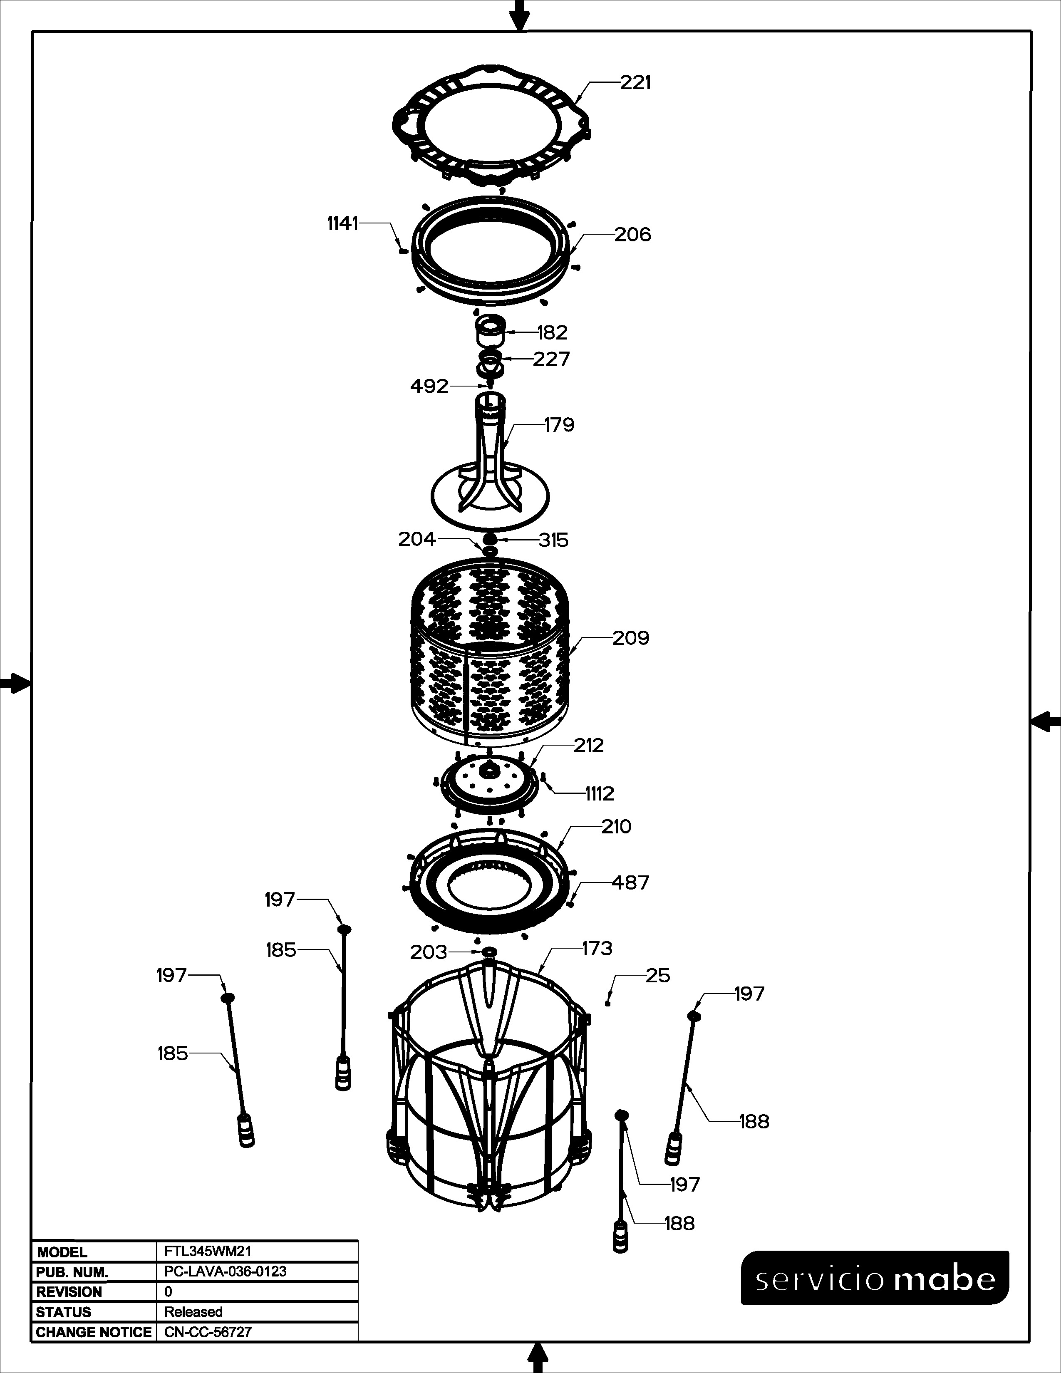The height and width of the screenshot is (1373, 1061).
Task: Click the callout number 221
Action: [635, 82]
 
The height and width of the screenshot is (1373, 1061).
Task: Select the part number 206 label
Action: [632, 235]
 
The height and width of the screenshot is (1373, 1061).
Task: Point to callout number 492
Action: [429, 386]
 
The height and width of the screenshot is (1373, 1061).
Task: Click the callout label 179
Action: [559, 425]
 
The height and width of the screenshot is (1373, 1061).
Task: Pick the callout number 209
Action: [630, 638]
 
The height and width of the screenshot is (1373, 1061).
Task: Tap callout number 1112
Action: [600, 794]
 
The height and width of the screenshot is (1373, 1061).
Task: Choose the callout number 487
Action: [630, 882]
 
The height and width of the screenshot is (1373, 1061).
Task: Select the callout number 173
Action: [597, 948]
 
